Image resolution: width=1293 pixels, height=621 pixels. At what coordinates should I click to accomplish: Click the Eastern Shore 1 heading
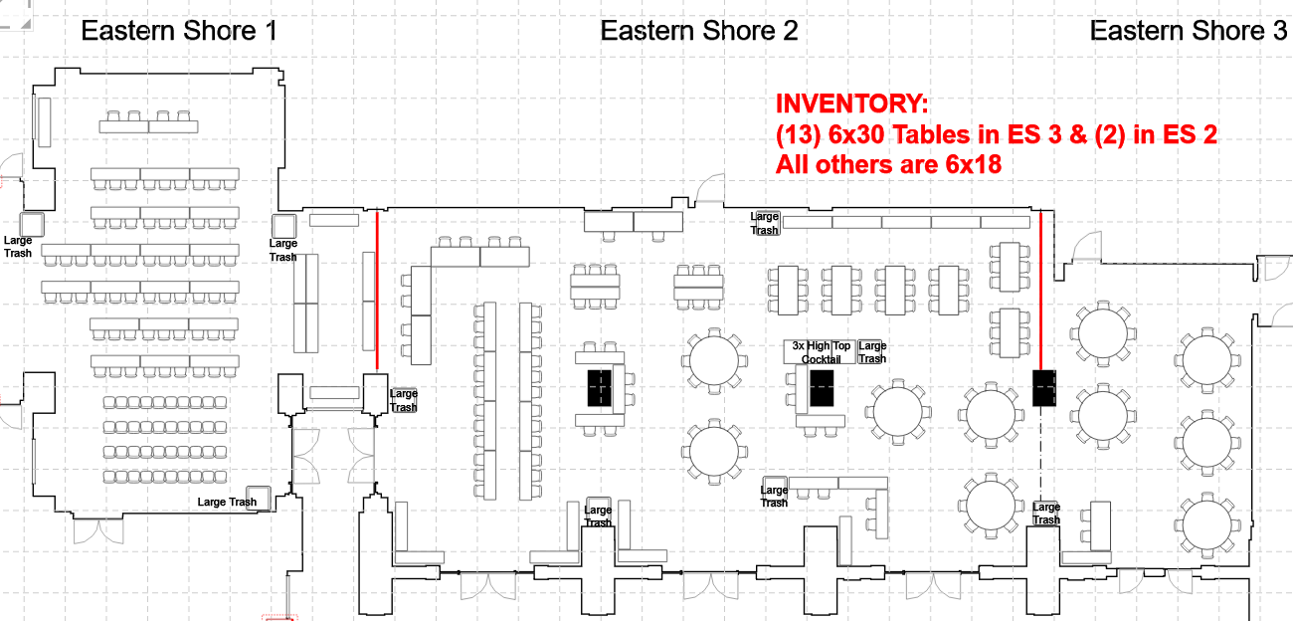coord(179,31)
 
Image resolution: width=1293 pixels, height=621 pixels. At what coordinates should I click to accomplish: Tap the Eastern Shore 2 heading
coord(698,31)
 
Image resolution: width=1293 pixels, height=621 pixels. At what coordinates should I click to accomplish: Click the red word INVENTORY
coord(852,104)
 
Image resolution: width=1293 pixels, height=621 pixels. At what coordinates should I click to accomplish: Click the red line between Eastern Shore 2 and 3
coord(1040,289)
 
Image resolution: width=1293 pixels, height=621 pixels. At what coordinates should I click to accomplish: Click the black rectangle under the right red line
coord(1043,387)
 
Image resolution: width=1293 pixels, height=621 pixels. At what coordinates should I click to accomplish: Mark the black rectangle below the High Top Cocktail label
coord(821,387)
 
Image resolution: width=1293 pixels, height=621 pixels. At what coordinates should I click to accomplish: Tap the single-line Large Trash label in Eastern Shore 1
coord(227,502)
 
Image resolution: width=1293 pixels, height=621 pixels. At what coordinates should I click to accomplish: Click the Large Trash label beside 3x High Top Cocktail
coord(872,352)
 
